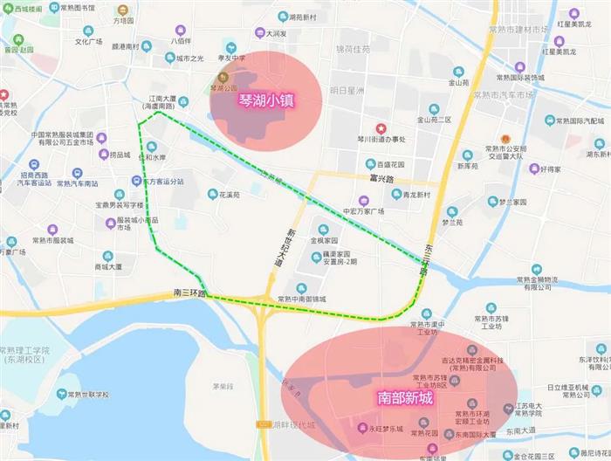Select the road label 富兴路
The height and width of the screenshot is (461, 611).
click(x=381, y=179)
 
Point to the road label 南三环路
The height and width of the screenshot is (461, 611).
click(x=189, y=292)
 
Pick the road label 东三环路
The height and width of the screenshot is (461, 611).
click(x=425, y=258)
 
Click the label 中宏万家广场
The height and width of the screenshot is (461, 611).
click(x=364, y=211)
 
